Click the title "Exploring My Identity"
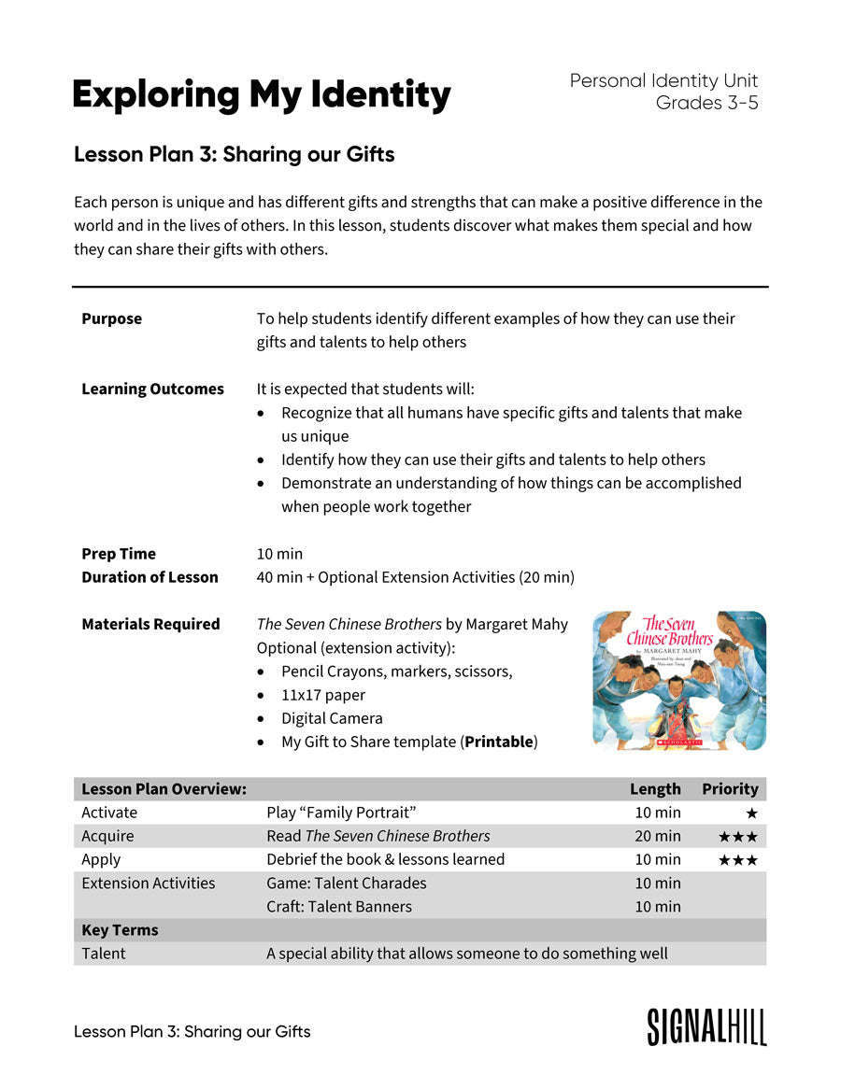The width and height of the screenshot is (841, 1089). tap(261, 95)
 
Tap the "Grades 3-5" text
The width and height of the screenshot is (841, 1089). tap(706, 104)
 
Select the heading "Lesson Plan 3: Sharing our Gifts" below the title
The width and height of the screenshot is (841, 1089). tap(234, 155)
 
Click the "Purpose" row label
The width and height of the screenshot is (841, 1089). tap(111, 319)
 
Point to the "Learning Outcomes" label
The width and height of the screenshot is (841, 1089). tap(152, 389)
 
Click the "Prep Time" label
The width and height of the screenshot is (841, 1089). tap(119, 554)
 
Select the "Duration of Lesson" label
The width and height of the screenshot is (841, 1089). tap(150, 577)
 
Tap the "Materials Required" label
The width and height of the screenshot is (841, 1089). tap(150, 624)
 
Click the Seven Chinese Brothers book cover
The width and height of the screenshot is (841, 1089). tap(678, 680)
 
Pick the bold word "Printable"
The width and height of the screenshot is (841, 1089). tap(499, 742)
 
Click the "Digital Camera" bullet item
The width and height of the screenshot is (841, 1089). tap(332, 719)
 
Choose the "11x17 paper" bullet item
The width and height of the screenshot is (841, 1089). tap(323, 695)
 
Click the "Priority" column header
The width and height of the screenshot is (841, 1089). tap(730, 789)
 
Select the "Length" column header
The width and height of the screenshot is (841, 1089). tap(655, 789)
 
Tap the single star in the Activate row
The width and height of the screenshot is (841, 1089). tap(751, 813)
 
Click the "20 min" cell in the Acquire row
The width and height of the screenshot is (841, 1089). tap(658, 837)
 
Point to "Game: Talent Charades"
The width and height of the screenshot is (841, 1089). tap(346, 884)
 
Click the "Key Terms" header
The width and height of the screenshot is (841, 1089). tap(120, 930)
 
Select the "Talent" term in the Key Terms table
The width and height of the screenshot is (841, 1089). tap(103, 954)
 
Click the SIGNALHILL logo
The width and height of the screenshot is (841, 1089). tap(706, 1026)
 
